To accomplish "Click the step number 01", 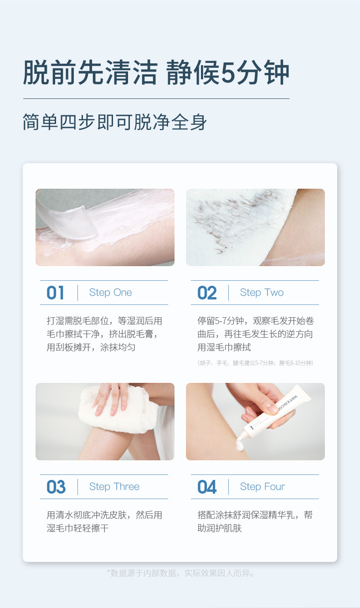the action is [55, 293].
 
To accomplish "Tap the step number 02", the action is [207, 293].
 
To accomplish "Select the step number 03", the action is [56, 487].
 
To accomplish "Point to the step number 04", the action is [207, 487].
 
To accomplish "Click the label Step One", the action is [110, 293].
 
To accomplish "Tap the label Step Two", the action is [262, 293].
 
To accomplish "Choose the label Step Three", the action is [114, 487].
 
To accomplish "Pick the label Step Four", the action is [262, 487].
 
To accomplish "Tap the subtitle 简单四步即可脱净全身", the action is [115, 122].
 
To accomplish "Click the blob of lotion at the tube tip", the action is [240, 446].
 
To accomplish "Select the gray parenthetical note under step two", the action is [255, 363].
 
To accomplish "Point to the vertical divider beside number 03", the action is [77, 487].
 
